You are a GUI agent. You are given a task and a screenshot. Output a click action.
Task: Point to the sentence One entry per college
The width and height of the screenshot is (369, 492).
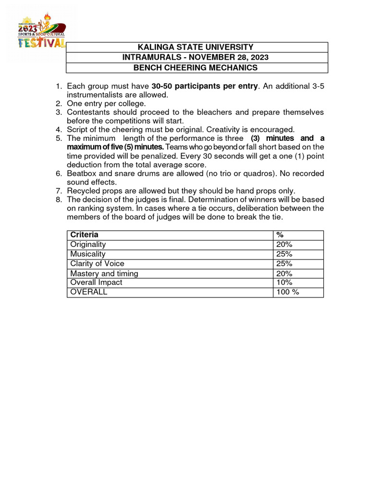[x=106, y=104]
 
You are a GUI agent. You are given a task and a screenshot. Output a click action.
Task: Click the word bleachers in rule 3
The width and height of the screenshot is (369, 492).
[x=214, y=112]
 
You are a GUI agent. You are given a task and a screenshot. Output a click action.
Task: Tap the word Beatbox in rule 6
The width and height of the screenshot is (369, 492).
[x=81, y=173]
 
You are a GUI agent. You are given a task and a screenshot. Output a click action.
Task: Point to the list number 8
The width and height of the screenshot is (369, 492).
[x=60, y=199]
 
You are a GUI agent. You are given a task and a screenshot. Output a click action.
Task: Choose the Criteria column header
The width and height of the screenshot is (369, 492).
[x=85, y=234]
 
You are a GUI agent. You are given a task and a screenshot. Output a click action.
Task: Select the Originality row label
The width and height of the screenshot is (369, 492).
[x=88, y=244]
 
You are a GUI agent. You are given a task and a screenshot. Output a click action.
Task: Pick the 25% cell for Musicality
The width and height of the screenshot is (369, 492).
[x=284, y=254]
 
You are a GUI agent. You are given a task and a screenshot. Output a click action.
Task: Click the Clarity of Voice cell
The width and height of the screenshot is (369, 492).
[x=97, y=263]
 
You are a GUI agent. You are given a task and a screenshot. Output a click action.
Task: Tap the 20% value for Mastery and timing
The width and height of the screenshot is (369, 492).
[x=284, y=273]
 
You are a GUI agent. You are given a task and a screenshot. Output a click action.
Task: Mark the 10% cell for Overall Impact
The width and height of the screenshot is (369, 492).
[x=284, y=283]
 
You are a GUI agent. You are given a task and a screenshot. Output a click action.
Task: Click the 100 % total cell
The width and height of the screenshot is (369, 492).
[x=287, y=292]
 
